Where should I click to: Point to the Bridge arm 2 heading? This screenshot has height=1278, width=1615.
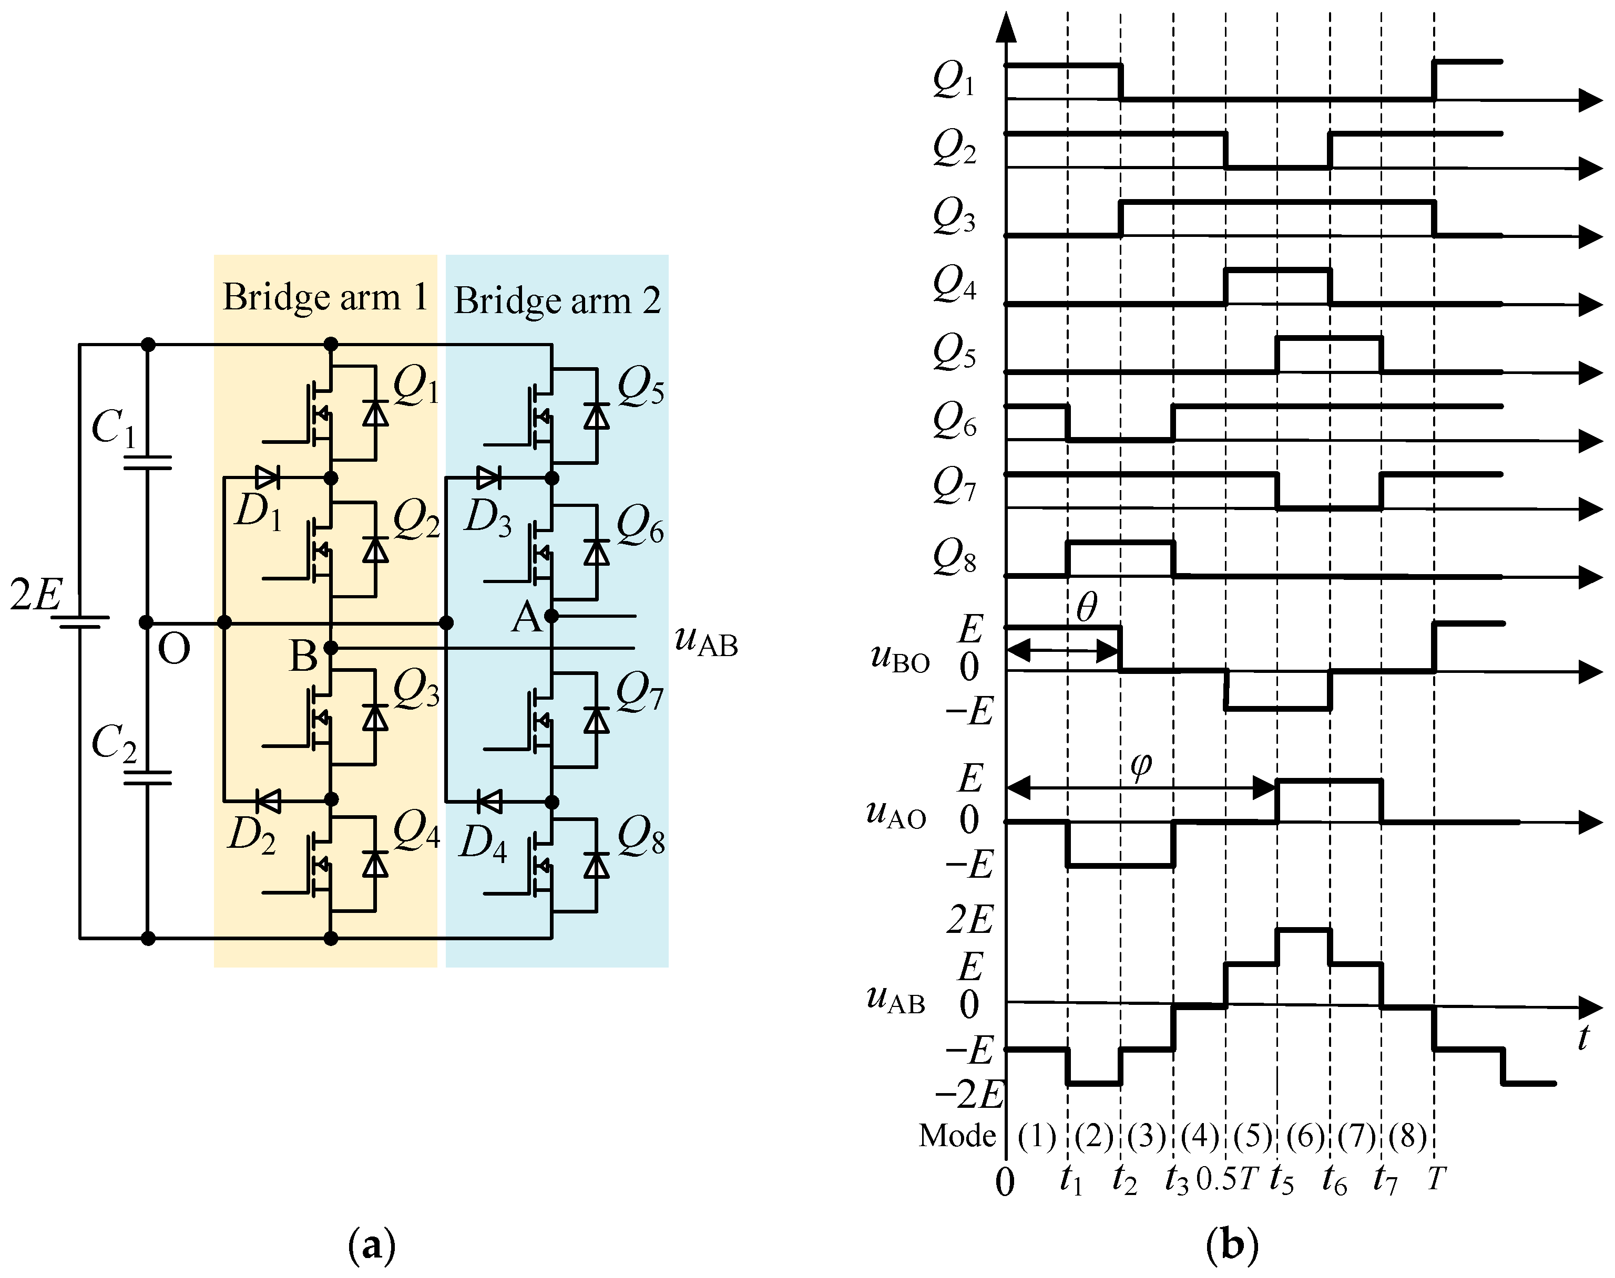click(557, 301)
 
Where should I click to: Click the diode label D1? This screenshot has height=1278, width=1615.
click(258, 513)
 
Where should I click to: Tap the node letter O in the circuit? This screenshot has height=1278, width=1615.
click(173, 649)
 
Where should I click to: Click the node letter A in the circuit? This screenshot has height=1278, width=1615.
click(526, 619)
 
